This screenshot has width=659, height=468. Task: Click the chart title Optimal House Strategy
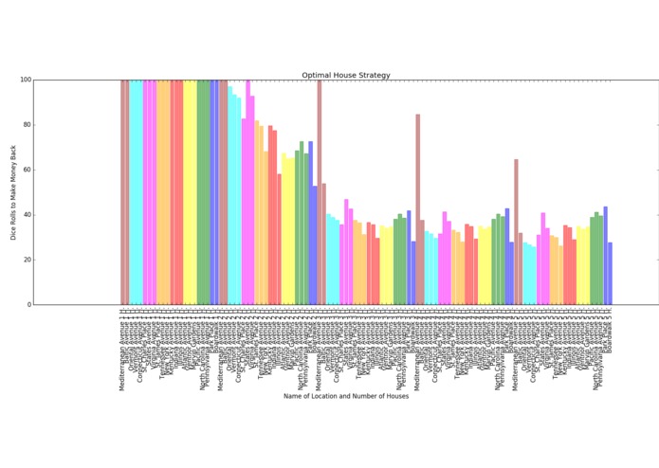[346, 75]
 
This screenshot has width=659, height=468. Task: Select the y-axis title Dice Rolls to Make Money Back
[14, 192]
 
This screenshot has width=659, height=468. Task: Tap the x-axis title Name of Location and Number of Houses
[346, 396]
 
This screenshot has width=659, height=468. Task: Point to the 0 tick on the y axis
[27, 305]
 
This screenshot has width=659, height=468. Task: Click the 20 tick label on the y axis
[24, 260]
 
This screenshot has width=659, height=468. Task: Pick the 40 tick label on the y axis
[24, 215]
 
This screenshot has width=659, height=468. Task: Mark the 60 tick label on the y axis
[24, 170]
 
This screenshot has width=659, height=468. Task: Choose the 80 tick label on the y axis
[24, 125]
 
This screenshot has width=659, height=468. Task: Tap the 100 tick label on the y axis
[22, 80]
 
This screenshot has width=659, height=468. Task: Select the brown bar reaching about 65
[516, 232]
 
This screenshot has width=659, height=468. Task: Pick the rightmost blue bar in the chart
[610, 274]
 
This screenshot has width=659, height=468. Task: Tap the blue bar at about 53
[315, 245]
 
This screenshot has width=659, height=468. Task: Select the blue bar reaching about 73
[310, 224]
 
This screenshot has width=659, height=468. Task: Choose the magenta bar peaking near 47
[345, 252]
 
